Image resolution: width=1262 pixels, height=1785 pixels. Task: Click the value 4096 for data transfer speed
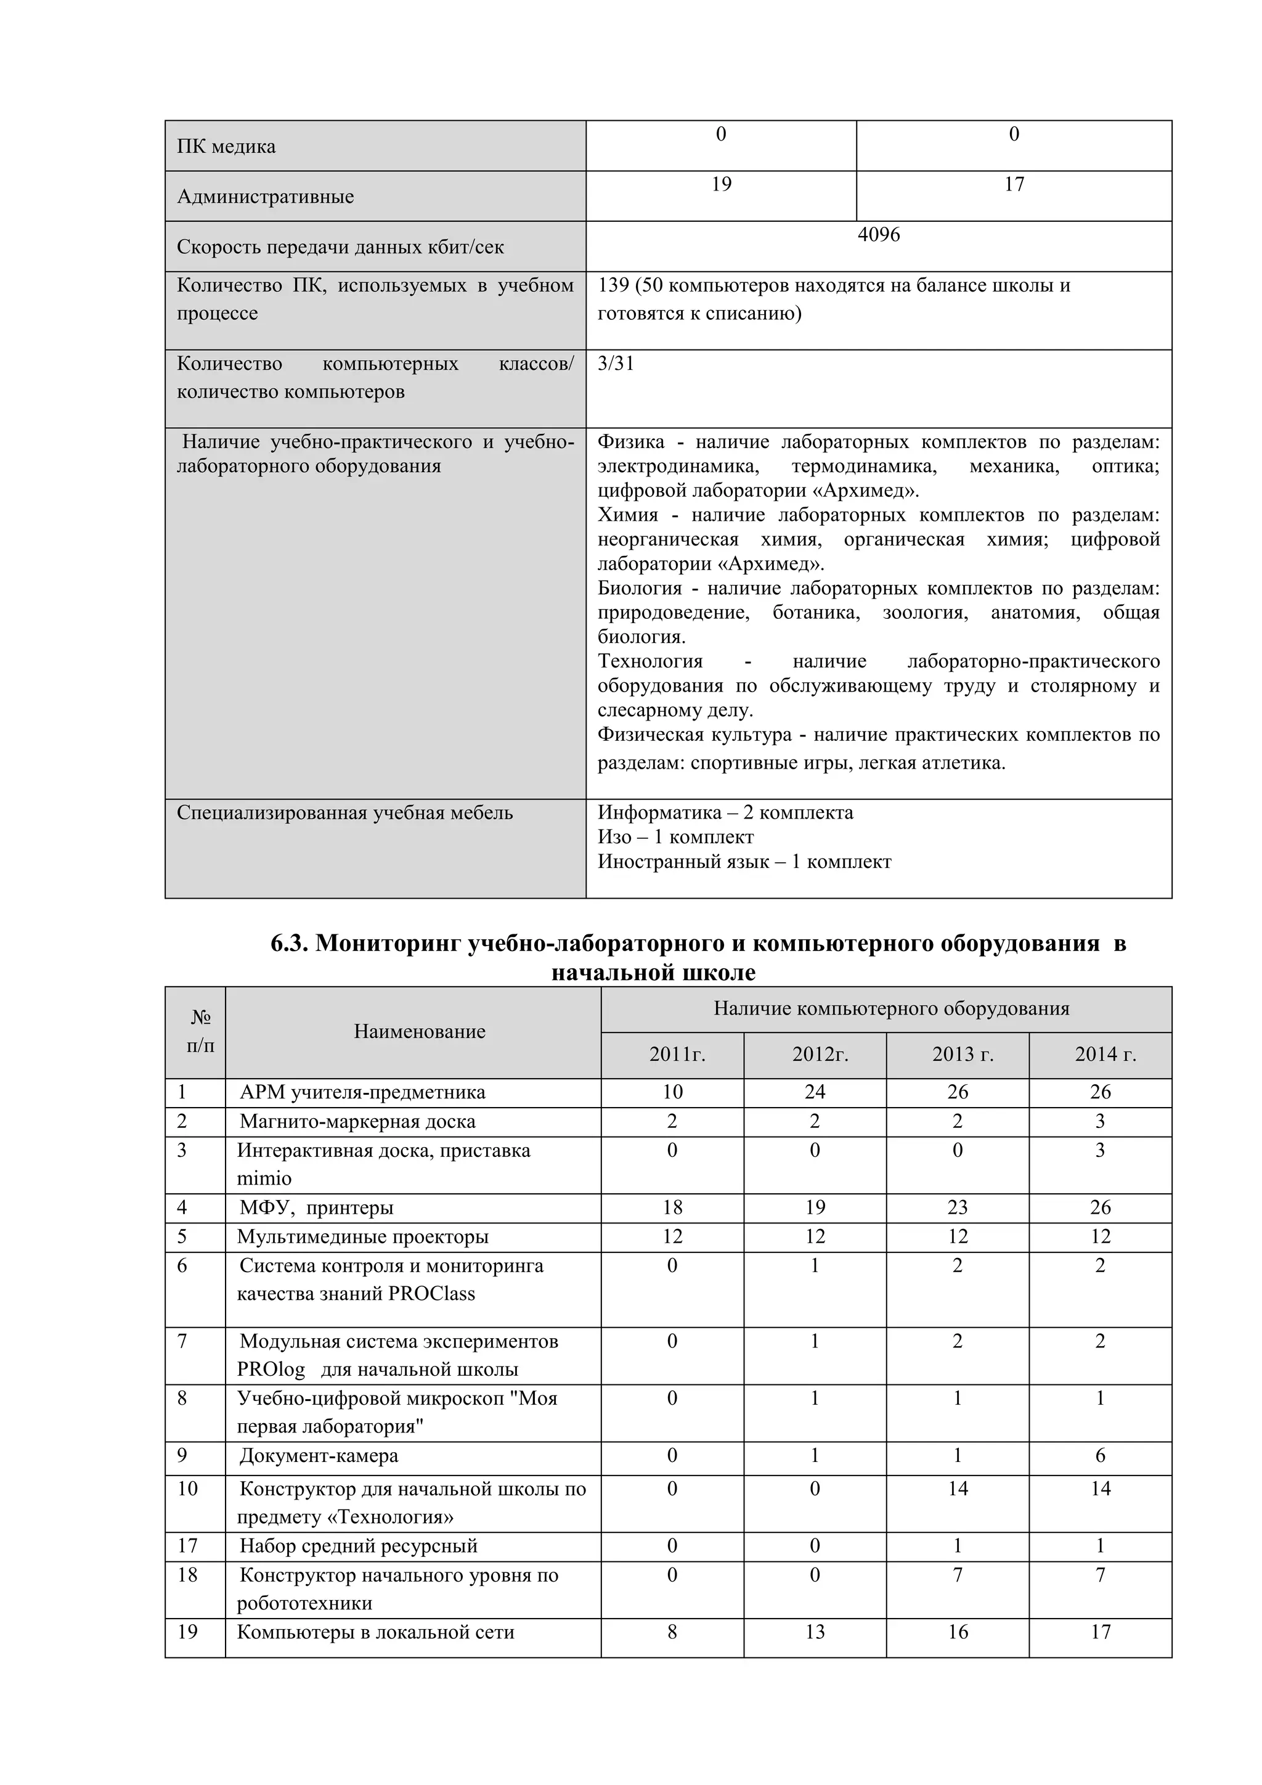pos(878,235)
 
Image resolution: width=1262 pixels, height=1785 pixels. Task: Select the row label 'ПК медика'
pos(226,147)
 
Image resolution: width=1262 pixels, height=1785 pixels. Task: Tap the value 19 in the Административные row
pos(720,184)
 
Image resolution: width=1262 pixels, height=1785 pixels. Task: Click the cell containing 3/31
pos(616,364)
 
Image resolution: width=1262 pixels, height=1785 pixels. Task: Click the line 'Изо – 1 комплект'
pos(675,837)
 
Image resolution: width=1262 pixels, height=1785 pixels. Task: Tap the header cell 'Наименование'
pos(419,1032)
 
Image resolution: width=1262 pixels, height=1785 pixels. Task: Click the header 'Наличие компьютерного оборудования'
pos(890,1009)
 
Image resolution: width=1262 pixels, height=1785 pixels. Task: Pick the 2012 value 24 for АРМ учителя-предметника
pos(815,1092)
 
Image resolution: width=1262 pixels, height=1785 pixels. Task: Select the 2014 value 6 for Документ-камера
pos(1099,1455)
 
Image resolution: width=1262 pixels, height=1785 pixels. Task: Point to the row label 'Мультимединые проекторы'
pos(362,1237)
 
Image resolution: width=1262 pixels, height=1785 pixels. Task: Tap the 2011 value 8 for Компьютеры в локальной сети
pos(672,1632)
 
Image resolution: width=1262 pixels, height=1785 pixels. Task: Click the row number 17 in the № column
pos(187,1546)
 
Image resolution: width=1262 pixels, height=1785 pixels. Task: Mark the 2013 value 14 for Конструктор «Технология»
pos(958,1489)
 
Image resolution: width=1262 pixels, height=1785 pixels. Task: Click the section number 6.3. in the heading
pos(290,944)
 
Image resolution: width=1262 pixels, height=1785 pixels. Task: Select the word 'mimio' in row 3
pos(264,1178)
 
